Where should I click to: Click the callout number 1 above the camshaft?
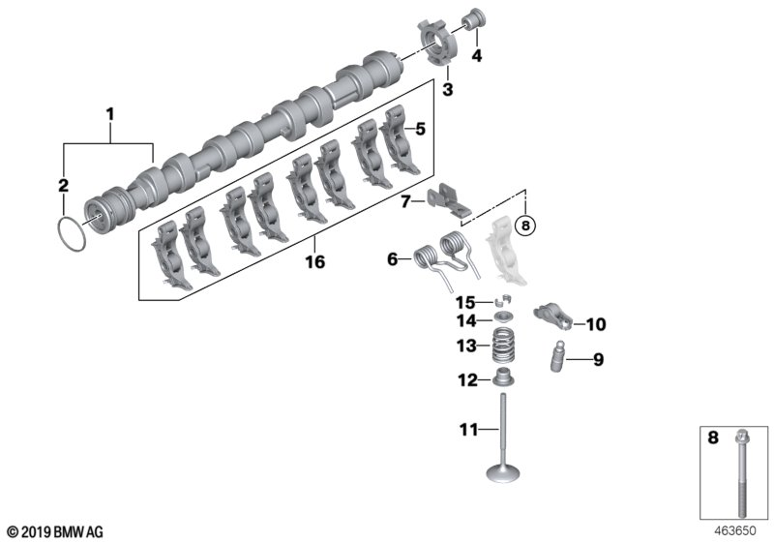pyautogui.click(x=110, y=114)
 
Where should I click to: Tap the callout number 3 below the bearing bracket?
pyautogui.click(x=447, y=90)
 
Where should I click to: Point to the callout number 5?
pyautogui.click(x=419, y=128)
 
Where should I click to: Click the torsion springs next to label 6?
pyautogui.click(x=445, y=258)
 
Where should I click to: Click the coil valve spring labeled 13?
pyautogui.click(x=504, y=346)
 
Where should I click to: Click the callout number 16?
pyautogui.click(x=314, y=261)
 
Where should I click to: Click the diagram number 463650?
pyautogui.click(x=734, y=530)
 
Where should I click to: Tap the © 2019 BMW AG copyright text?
pyautogui.click(x=54, y=531)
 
